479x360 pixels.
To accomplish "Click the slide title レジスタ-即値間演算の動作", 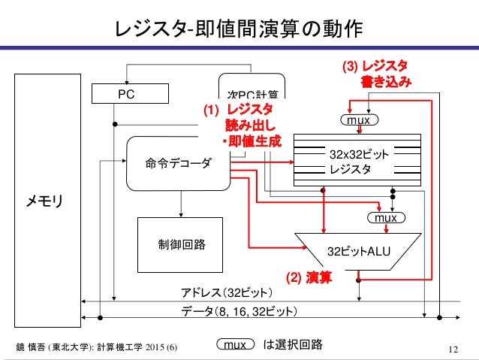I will (239, 28).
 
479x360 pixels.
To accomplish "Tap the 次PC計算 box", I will (252, 93).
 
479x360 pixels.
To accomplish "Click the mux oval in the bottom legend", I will (236, 345).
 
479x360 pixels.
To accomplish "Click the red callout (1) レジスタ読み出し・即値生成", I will (244, 126).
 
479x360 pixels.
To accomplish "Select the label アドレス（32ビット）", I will (227, 292).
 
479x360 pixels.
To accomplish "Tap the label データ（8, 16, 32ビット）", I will (239, 310).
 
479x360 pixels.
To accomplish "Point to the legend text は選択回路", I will (292, 345).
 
